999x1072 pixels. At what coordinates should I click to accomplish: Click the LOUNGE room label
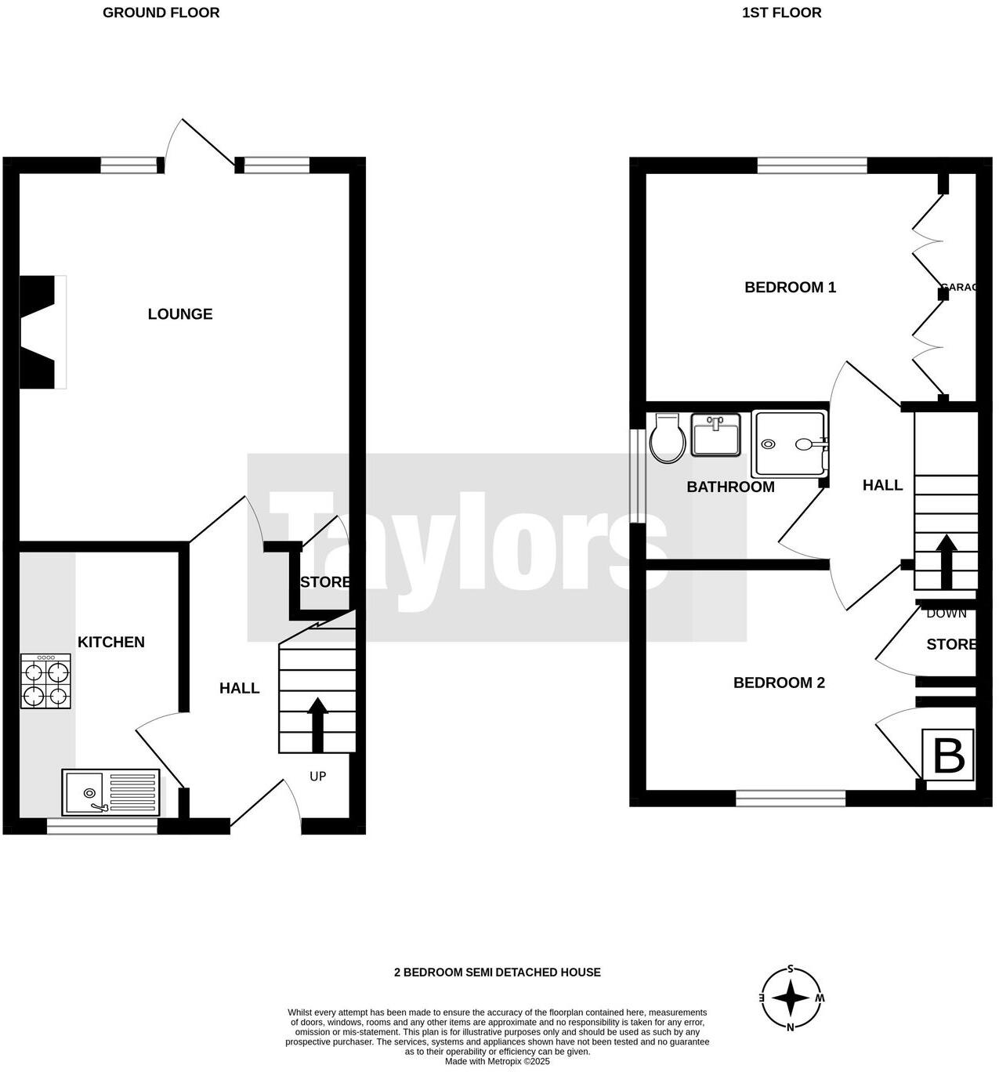180,314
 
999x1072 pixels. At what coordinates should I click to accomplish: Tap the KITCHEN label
111,643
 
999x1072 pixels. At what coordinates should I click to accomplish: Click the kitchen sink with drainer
110,791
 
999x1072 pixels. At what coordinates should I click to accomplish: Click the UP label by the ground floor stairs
317,777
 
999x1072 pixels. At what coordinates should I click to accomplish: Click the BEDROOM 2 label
779,683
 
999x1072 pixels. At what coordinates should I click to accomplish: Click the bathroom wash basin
715,435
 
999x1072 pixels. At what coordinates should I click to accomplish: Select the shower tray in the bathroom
789,444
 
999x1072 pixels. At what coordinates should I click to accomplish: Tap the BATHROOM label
730,487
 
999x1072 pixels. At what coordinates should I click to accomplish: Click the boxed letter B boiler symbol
948,755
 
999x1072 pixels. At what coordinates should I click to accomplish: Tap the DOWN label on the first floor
946,614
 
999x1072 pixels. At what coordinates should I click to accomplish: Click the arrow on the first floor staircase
947,561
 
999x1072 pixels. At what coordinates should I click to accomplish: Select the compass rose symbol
791,999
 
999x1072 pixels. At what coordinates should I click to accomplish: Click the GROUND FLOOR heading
161,13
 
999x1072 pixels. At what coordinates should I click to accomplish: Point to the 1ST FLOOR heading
782,13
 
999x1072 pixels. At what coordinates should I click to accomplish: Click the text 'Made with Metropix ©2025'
498,1062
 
